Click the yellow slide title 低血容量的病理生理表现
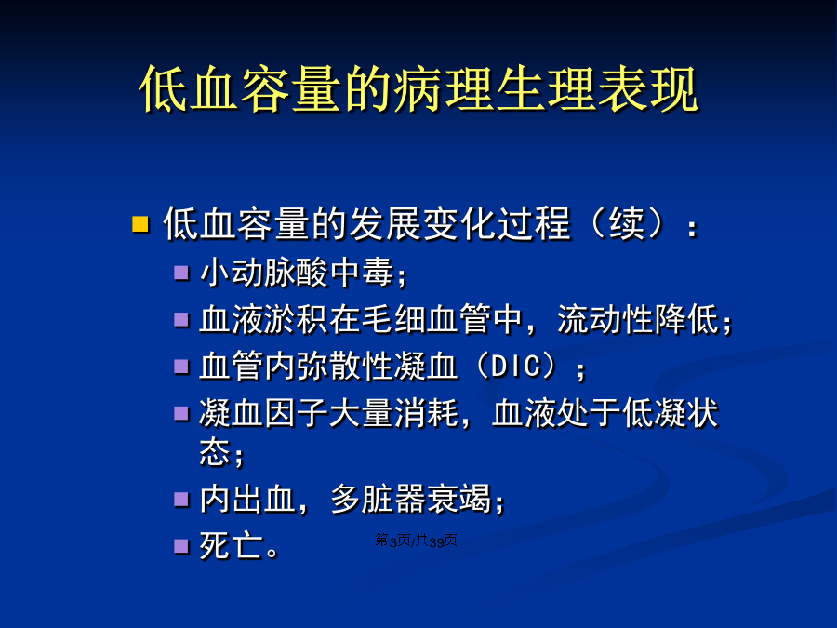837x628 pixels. (418, 88)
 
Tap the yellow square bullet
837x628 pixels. (140, 223)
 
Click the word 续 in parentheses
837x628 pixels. (626, 223)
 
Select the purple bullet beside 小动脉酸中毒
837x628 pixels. (181, 273)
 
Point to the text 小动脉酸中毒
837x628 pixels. (297, 273)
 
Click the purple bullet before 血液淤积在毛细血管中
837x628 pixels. (181, 319)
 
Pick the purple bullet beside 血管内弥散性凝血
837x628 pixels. (181, 367)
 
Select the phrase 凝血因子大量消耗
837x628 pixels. (329, 413)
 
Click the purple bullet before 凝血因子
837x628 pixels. (181, 413)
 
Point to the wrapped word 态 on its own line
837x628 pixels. (215, 452)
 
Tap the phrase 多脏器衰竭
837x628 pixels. (410, 500)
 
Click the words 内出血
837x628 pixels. (247, 500)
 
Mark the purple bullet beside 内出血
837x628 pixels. (181, 500)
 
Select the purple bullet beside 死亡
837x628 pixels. (181, 546)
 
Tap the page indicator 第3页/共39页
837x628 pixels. (416, 541)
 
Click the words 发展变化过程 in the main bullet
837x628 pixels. (459, 223)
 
